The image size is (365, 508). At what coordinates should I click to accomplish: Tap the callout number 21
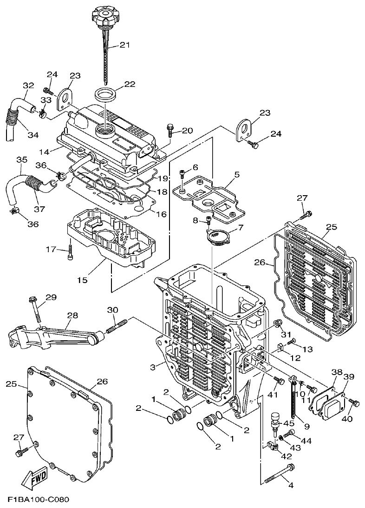coord(124,45)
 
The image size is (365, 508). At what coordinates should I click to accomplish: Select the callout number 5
coord(237,175)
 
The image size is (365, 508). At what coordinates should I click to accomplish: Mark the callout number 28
coord(72,315)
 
